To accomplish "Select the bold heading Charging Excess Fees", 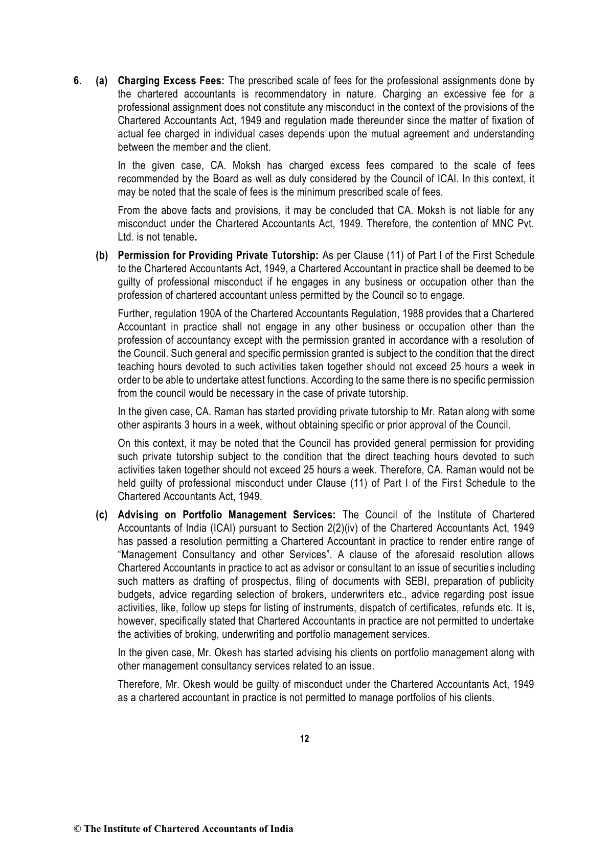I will (171, 81).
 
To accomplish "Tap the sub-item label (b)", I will (102, 255).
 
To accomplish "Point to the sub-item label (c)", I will (102, 515).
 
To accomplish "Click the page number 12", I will (304, 739).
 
